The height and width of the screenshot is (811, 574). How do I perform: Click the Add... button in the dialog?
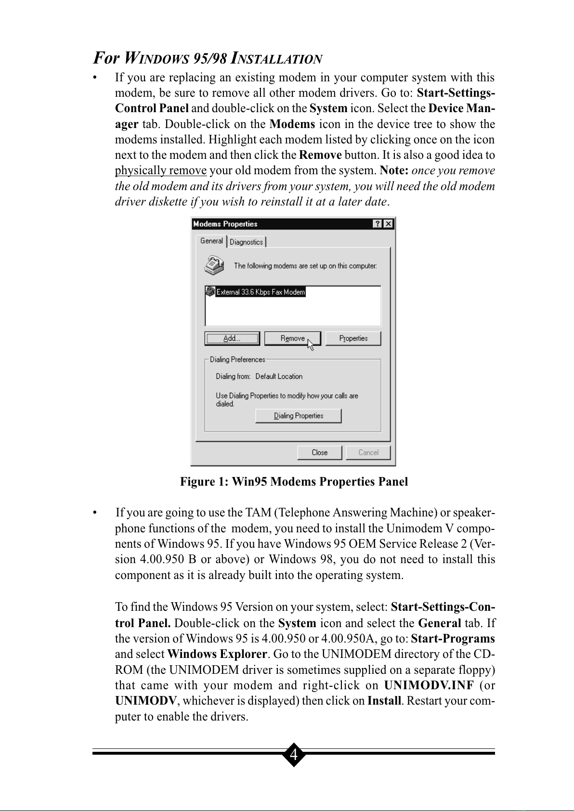pyautogui.click(x=232, y=338)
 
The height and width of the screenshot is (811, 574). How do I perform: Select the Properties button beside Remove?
pyautogui.click(x=353, y=338)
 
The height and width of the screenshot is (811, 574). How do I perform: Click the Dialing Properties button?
pyautogui.click(x=298, y=416)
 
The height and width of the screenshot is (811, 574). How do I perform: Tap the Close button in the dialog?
pyautogui.click(x=319, y=452)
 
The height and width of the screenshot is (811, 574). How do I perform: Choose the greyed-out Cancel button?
pyautogui.click(x=368, y=452)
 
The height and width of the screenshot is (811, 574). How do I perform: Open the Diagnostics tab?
pyautogui.click(x=247, y=242)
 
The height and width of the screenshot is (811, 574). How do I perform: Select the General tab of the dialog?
pyautogui.click(x=211, y=241)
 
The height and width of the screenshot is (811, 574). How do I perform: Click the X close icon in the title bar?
pyautogui.click(x=388, y=224)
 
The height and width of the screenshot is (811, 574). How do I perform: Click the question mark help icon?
pyautogui.click(x=378, y=224)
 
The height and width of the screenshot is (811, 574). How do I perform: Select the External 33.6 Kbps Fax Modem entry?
pyautogui.click(x=260, y=292)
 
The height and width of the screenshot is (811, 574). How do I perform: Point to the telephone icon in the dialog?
pyautogui.click(x=214, y=265)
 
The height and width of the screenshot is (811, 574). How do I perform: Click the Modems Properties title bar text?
pyautogui.click(x=225, y=224)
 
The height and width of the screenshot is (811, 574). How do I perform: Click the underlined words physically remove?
pyautogui.click(x=161, y=171)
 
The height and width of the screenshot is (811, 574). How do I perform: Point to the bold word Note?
pyautogui.click(x=394, y=171)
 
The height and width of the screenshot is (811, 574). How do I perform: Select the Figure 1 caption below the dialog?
pyautogui.click(x=294, y=482)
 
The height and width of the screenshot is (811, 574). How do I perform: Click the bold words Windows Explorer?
pyautogui.click(x=217, y=655)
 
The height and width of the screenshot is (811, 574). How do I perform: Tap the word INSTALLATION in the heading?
pyautogui.click(x=277, y=59)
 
